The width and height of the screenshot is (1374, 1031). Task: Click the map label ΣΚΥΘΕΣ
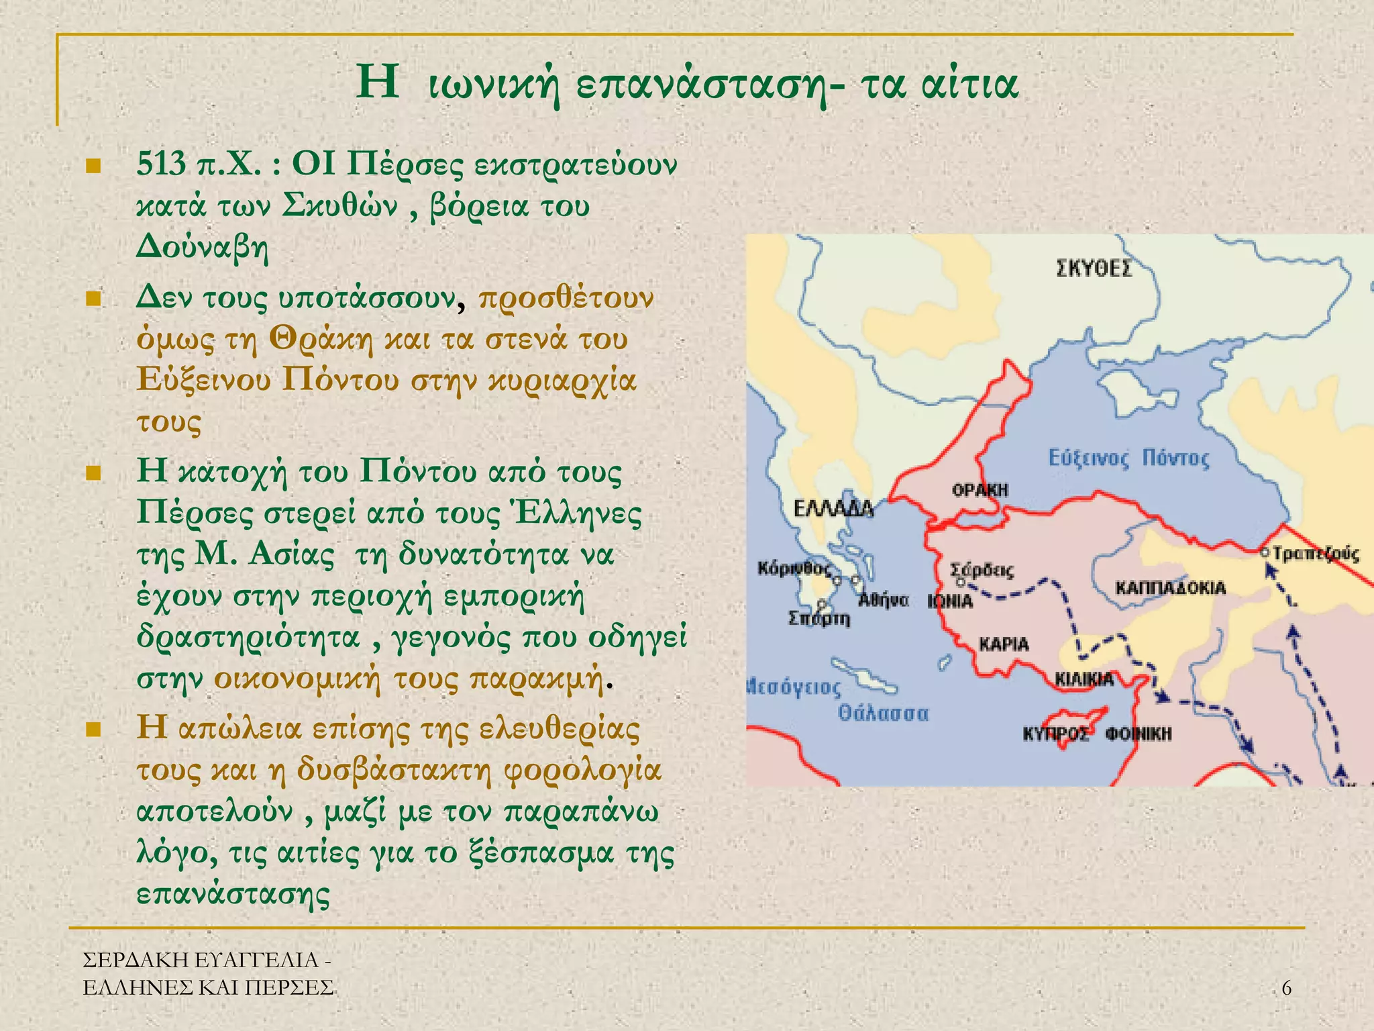pos(1094,268)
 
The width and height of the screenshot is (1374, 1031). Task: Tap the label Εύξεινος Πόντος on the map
pos(1128,458)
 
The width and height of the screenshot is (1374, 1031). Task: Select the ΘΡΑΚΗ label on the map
pos(980,490)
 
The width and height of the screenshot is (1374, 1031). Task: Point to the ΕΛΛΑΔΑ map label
pos(833,509)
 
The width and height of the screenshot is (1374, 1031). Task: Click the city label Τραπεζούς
pos(1316,554)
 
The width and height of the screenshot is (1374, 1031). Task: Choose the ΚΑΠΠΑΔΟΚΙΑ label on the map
pos(1170,589)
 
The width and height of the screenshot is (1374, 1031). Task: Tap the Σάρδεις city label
pos(982,571)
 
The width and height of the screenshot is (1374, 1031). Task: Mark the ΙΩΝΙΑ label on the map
pos(950,601)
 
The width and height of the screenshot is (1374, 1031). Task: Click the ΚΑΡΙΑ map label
pos(1004,644)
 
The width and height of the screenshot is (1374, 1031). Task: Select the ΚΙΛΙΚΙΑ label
pos(1084,679)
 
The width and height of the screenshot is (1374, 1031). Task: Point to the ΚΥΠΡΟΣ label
pos(1055,734)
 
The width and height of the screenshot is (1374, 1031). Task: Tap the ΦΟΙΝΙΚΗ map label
pos(1139,734)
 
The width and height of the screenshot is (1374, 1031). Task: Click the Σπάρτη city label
pos(818,618)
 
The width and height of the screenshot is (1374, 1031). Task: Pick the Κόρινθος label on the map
pos(794,569)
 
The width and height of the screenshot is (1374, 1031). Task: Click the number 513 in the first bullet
pos(161,164)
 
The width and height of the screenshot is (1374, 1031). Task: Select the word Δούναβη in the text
pos(202,248)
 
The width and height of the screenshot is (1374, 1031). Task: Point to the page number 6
pos(1286,987)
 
